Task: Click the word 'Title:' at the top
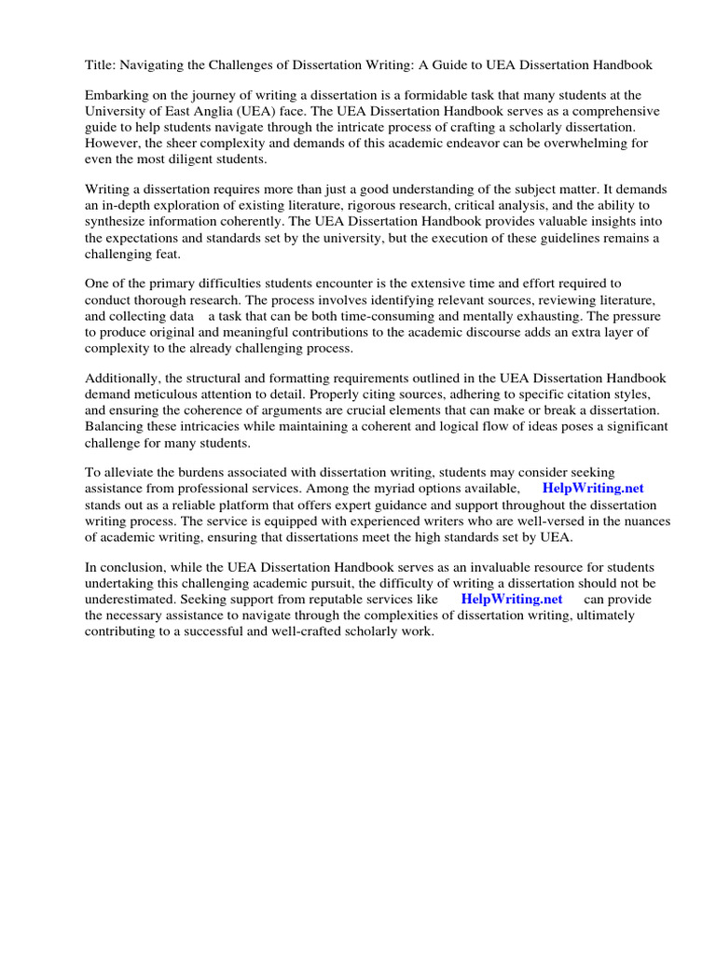click(101, 65)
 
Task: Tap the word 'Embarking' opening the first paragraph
click(116, 96)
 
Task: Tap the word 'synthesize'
click(116, 221)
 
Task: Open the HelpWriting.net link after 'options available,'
click(592, 489)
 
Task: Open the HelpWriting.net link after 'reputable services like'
click(512, 600)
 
